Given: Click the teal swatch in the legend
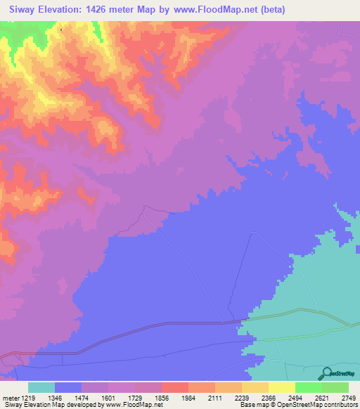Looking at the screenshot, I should tap(41, 388).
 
